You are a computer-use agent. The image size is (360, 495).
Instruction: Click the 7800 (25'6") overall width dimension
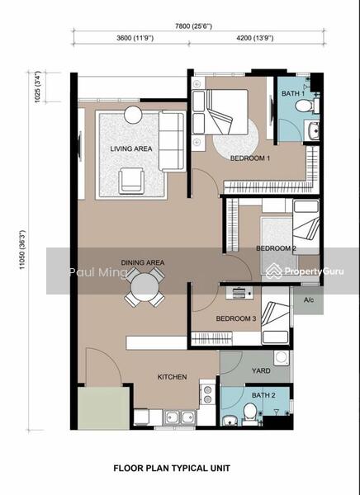point(193,26)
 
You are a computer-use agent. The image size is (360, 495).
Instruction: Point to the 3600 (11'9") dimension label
point(135,38)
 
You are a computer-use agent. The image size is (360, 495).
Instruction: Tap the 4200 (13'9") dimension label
point(255,38)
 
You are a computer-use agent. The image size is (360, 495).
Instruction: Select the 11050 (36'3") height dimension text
point(22,250)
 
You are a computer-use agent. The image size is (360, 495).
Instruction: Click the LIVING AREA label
point(131,148)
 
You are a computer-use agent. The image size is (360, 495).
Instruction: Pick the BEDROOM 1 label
point(250,158)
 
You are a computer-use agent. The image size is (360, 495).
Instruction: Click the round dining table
point(144,287)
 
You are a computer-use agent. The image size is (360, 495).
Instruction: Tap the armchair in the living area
point(131,181)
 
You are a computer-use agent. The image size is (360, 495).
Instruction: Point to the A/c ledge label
point(309,300)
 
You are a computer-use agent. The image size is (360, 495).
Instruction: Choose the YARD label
point(261,370)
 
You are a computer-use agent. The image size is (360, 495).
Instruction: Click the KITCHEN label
point(172,377)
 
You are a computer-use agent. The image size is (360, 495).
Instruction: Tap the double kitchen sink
point(179,417)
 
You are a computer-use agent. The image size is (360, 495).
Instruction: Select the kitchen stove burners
point(207,394)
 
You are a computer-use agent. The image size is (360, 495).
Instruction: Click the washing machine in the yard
point(282,358)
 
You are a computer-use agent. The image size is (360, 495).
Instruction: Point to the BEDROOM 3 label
point(236,318)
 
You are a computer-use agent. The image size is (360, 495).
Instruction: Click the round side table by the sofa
point(133,115)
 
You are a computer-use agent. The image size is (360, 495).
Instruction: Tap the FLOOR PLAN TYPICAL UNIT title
point(172,468)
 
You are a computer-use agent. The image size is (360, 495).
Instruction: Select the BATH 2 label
point(263,395)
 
